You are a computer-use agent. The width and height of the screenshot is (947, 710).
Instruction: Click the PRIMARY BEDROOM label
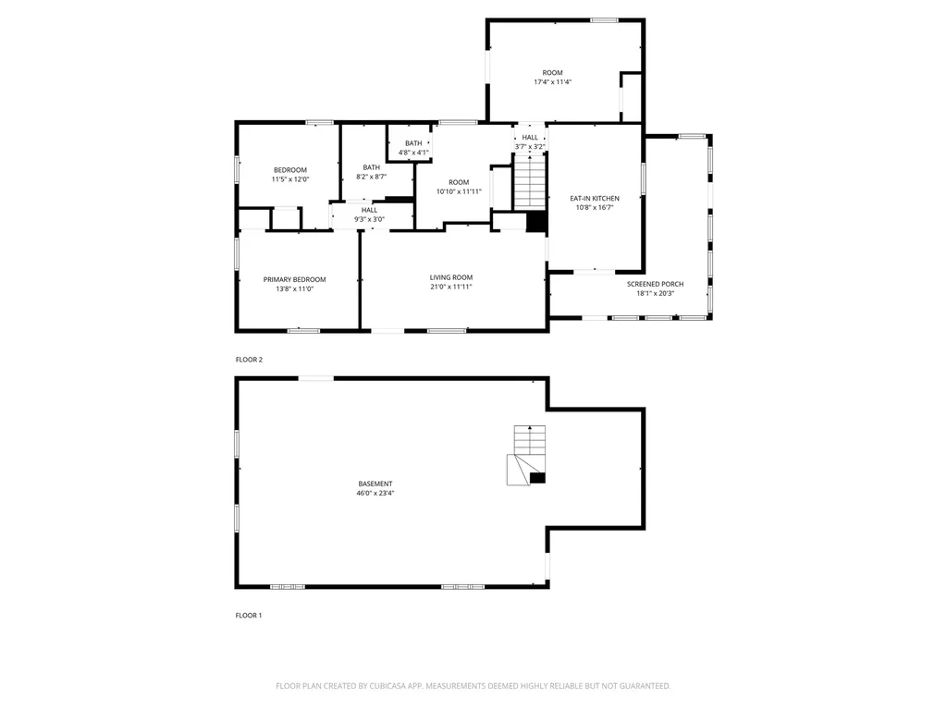pos(294,279)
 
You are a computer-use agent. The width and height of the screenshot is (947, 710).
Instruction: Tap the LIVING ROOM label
pos(450,277)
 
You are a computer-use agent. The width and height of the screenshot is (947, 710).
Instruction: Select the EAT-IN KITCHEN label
pos(594,199)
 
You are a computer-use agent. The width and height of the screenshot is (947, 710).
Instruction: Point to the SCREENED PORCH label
pos(655,284)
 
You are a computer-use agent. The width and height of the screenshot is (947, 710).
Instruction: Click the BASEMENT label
pos(375,484)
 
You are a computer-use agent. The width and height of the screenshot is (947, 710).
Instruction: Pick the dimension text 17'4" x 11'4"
pos(552,82)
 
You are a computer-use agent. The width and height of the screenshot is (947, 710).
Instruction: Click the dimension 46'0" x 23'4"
pos(375,494)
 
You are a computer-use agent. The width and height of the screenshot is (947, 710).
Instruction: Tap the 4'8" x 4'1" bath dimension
pos(413,153)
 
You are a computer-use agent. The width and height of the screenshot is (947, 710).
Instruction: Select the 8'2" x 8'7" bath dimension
pos(372,177)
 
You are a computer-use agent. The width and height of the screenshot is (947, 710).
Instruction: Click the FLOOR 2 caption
pos(249,360)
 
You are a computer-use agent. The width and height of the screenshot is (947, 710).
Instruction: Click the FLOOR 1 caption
pos(249,615)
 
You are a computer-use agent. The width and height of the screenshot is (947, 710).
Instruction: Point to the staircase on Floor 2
pos(530,182)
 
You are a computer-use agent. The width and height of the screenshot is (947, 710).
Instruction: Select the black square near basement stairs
pos(537,478)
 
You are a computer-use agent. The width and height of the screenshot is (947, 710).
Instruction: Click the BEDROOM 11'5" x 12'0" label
pos(289,175)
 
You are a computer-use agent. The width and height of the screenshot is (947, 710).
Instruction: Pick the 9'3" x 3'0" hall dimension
pos(369,219)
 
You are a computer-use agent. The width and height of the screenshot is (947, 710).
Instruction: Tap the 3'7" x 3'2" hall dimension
pos(530,146)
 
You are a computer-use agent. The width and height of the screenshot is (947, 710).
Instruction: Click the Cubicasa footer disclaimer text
pos(473,686)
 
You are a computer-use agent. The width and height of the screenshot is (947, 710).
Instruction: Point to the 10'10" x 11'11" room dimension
pos(460,191)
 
